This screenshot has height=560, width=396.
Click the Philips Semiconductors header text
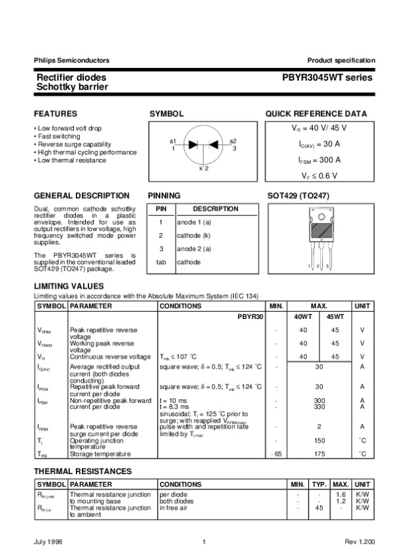coord(71,60)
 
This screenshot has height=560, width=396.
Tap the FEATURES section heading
coord(55,114)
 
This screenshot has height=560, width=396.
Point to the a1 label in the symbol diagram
coord(172,141)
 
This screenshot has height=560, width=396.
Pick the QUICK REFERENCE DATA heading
coord(316,114)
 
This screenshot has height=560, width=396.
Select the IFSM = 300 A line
coord(319,160)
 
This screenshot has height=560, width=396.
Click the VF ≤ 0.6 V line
coord(319,175)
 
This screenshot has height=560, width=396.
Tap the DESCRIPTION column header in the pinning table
coord(215,209)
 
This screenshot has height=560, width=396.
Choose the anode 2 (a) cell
coord(193,248)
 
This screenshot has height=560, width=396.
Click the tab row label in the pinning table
coord(160,262)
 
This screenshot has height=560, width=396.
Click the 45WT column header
coord(335,317)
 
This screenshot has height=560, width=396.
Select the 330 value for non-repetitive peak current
coord(319,407)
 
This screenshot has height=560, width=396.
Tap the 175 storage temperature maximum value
coord(319,454)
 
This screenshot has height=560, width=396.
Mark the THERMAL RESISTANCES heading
coord(82,471)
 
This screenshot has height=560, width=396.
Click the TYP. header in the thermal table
coord(319,485)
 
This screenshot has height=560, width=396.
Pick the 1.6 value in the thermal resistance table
coord(341,494)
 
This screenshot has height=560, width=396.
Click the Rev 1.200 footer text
coord(359,542)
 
